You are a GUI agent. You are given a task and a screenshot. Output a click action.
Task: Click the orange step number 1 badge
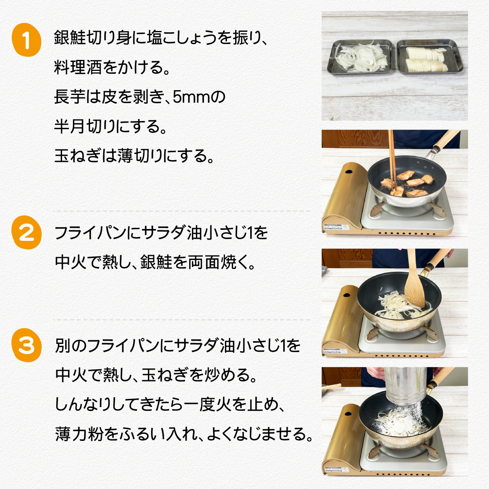coord(26,40)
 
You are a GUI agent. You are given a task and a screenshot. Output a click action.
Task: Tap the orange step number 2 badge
coord(26,232)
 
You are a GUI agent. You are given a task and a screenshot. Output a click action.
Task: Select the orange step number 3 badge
coord(26,345)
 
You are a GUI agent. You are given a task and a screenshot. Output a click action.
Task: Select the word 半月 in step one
coord(69,126)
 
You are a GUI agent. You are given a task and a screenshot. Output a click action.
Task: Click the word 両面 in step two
coord(204,262)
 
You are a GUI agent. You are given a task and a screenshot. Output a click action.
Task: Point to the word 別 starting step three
coord(63,346)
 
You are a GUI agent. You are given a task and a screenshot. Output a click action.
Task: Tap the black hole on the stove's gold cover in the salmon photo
coord(348,172)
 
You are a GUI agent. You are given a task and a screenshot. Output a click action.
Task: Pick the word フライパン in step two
coord(90,233)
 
